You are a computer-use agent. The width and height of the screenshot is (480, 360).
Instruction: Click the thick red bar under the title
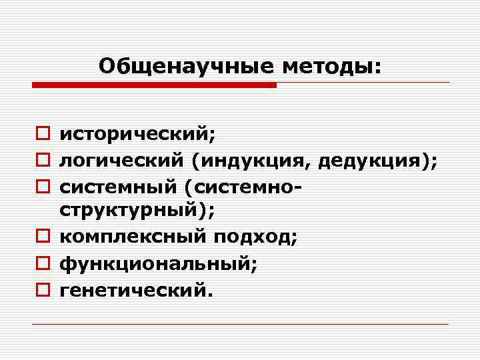(x=154, y=85)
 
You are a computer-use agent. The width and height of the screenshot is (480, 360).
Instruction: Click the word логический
(x=123, y=161)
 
